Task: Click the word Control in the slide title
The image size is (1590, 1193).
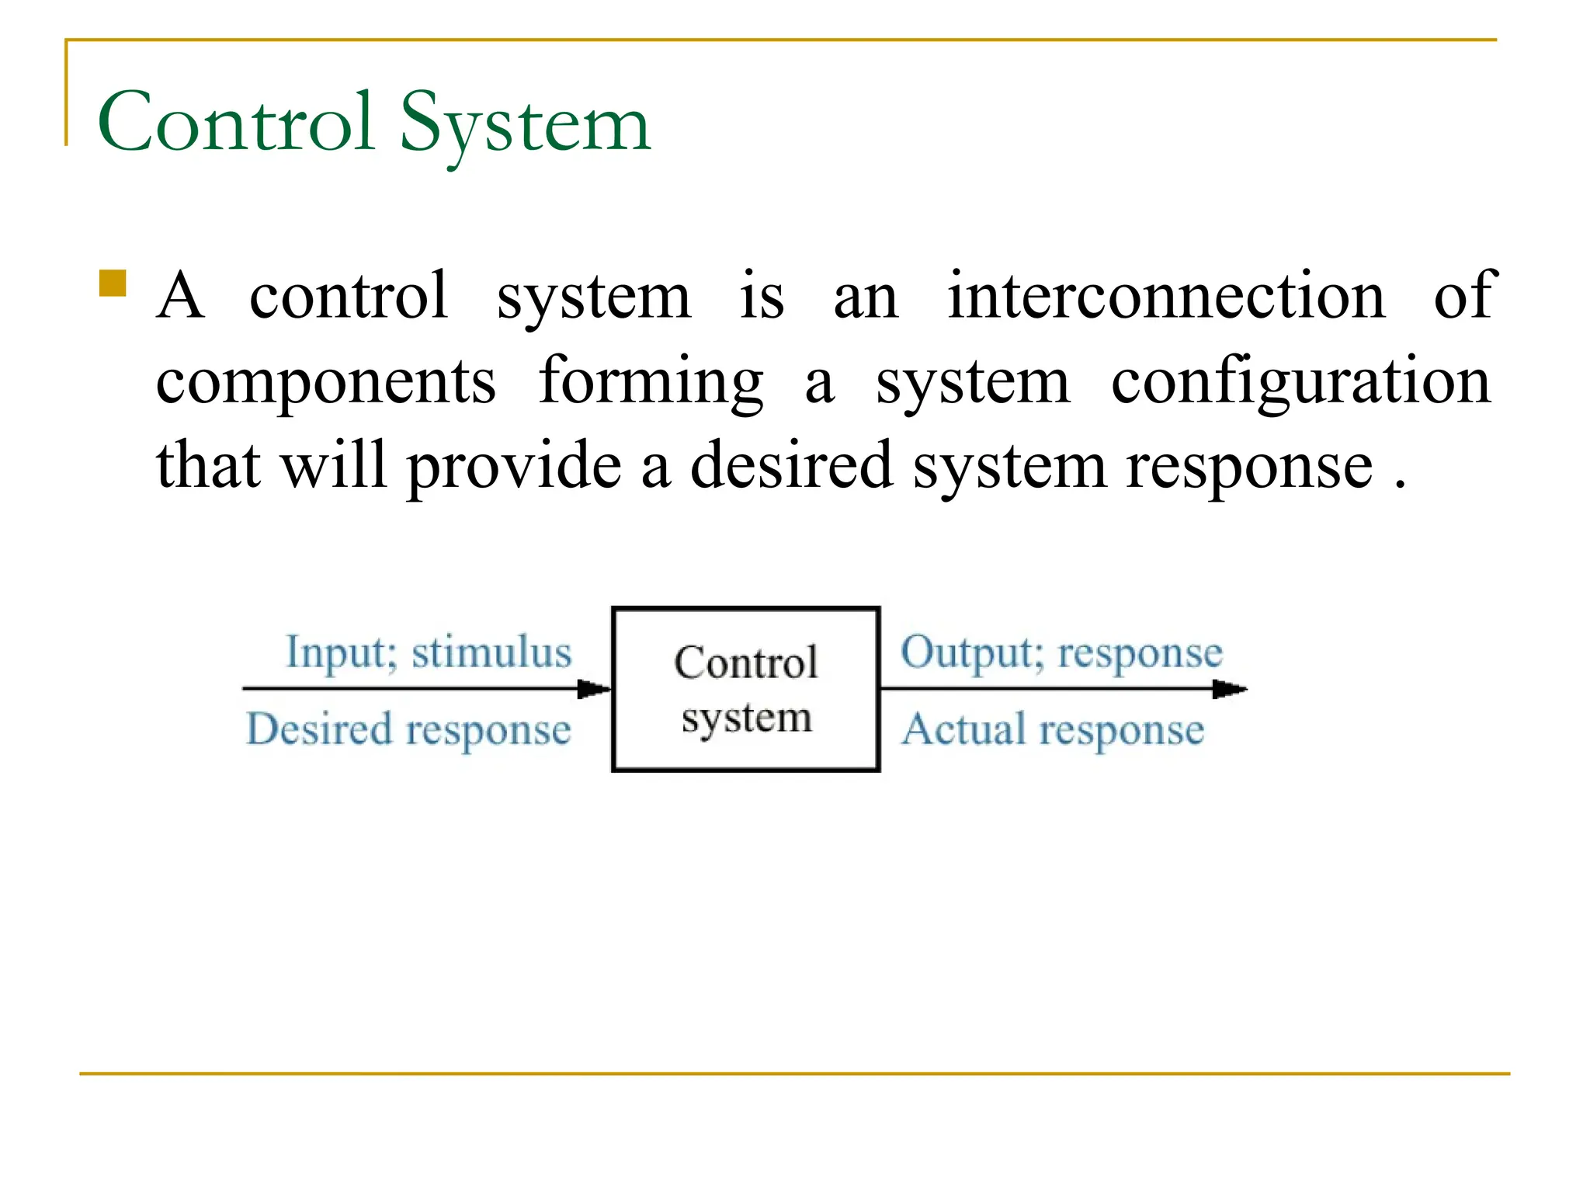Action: click(x=237, y=123)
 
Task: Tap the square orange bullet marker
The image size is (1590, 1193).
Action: click(x=113, y=283)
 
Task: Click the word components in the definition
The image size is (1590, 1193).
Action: click(x=326, y=382)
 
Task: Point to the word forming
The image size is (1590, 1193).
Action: click(x=651, y=382)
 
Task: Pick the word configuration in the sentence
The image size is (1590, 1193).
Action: click(x=1300, y=382)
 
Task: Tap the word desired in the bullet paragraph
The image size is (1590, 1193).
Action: click(x=791, y=466)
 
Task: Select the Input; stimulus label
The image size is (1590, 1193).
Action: click(x=429, y=652)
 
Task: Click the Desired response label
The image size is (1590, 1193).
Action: click(x=408, y=730)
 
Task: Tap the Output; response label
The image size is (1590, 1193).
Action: click(x=1061, y=652)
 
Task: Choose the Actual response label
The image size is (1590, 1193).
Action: click(x=1053, y=730)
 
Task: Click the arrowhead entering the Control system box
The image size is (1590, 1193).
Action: click(x=595, y=689)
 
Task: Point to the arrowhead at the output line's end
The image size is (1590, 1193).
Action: click(x=1230, y=689)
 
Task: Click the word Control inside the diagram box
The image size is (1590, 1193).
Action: click(x=745, y=663)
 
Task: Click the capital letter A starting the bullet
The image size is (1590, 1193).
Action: click(x=180, y=296)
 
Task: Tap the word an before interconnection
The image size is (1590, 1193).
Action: click(x=866, y=297)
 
